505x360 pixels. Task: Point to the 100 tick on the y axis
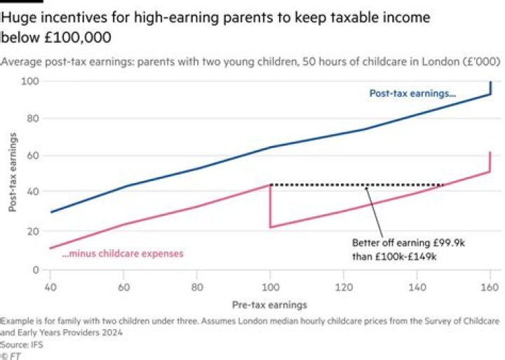pyautogui.click(x=34, y=81)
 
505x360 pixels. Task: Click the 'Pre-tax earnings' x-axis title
pyautogui.click(x=269, y=305)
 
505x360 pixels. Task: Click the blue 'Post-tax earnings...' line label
pyautogui.click(x=412, y=93)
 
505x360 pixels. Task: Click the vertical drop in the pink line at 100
pyautogui.click(x=269, y=207)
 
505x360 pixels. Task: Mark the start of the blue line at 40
pyautogui.click(x=51, y=212)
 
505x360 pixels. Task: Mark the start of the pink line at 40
pyautogui.click(x=51, y=248)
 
